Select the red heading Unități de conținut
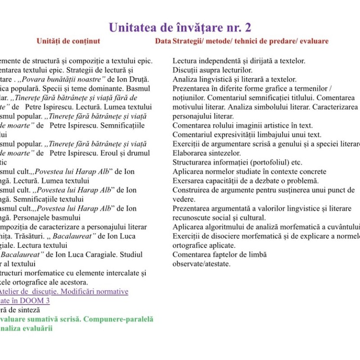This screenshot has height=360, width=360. pos(68,41)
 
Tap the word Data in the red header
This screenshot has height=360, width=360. pos(162,41)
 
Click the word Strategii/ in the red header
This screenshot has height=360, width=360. pos(187,41)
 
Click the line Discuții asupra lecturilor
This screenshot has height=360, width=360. pos(212,70)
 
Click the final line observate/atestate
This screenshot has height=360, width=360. pos(202,264)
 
